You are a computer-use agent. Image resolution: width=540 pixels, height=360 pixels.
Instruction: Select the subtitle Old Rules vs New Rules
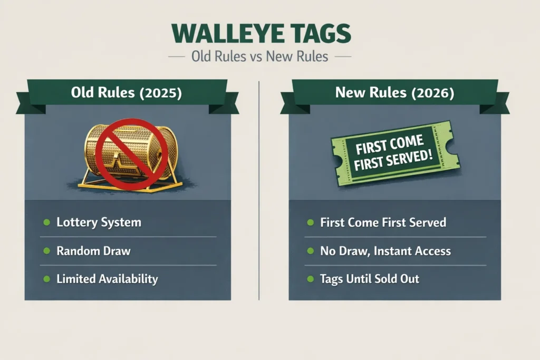[x=259, y=56]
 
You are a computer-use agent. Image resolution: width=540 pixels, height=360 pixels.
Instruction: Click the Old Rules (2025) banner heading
[x=126, y=93]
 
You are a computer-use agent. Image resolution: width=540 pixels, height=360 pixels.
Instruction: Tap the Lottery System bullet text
[x=99, y=222]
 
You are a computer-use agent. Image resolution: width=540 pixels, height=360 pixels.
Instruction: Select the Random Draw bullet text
[x=93, y=250]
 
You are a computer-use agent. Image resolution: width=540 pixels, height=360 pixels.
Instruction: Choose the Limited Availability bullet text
[x=107, y=278]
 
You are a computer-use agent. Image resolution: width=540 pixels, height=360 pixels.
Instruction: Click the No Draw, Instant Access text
[x=385, y=250]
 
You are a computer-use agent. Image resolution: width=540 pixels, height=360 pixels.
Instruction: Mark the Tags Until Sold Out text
[x=370, y=278]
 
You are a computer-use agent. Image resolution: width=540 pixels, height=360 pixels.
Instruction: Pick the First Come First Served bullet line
[x=383, y=222]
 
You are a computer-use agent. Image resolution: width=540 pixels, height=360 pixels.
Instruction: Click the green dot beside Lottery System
[x=47, y=222]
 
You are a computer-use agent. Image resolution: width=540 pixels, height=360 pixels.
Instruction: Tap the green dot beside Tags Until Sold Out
[x=310, y=279]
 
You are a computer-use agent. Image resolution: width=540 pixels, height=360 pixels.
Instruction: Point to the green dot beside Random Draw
[x=47, y=251]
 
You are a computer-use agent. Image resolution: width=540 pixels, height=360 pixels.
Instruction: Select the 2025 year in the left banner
[x=161, y=93]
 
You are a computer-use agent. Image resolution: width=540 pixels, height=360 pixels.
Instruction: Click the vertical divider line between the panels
[x=259, y=190]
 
